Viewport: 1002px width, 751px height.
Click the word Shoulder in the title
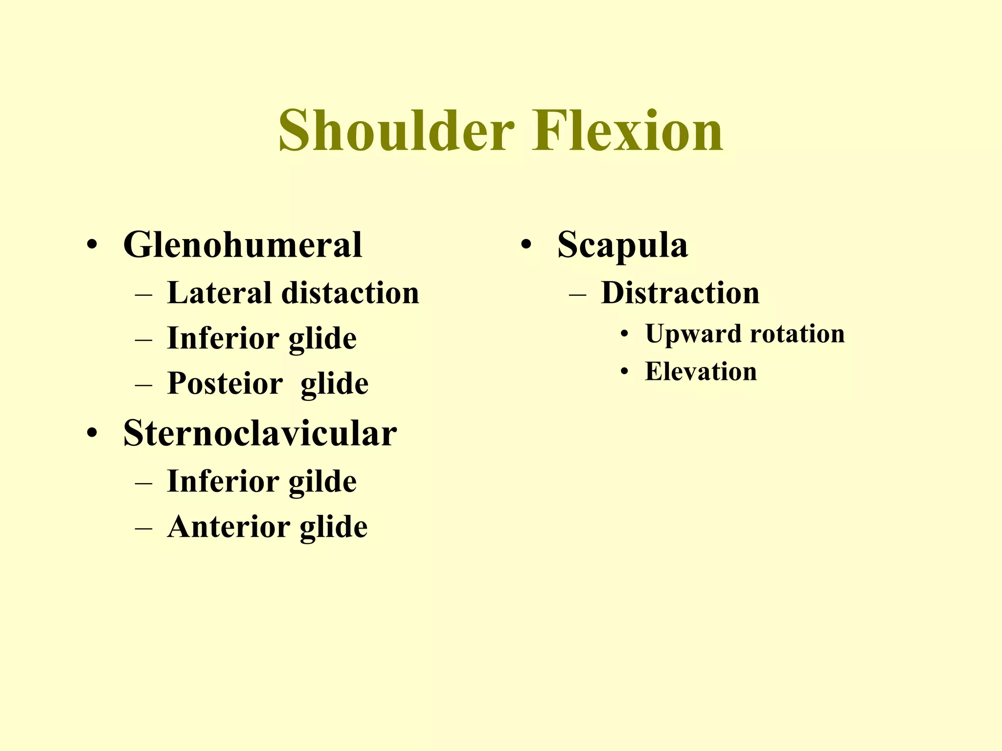pyautogui.click(x=396, y=131)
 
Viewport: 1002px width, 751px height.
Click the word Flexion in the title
pyautogui.click(x=627, y=131)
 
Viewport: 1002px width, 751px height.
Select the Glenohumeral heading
pyautogui.click(x=243, y=244)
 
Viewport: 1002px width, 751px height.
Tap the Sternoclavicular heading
pyautogui.click(x=260, y=433)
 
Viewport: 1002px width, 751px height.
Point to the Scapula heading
pyautogui.click(x=622, y=244)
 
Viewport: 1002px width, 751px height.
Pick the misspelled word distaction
pyautogui.click(x=350, y=293)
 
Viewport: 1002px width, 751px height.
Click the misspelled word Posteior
pyautogui.click(x=225, y=383)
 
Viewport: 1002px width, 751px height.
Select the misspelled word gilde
pyautogui.click(x=323, y=482)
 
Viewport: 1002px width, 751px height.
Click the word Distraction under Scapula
pyautogui.click(x=680, y=293)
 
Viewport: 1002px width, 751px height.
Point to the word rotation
pyautogui.click(x=797, y=334)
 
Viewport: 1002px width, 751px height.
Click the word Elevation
pyautogui.click(x=701, y=372)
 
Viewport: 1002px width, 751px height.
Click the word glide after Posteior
pyautogui.click(x=334, y=384)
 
